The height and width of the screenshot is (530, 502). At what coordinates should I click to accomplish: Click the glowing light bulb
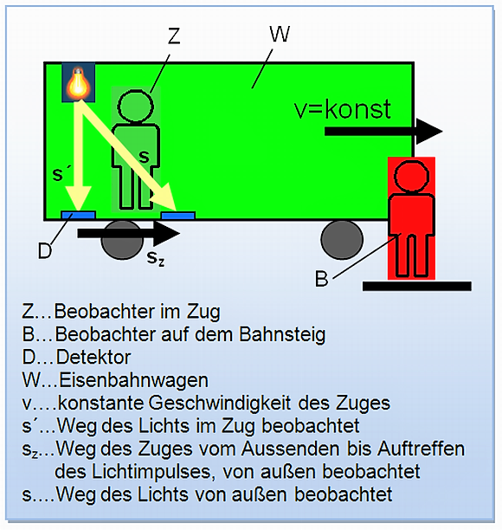coord(79,82)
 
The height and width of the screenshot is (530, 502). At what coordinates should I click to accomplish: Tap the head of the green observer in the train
coord(136,106)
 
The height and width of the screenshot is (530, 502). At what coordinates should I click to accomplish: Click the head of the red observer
coord(411,176)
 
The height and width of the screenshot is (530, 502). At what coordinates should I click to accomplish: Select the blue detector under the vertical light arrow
coord(79,215)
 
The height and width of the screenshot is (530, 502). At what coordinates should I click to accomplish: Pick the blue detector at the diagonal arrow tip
coord(178,216)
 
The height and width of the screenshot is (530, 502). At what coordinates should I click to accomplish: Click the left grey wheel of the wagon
coord(122,241)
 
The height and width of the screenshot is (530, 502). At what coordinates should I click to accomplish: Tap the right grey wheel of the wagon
coord(342,241)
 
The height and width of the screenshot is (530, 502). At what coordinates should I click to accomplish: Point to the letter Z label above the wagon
coord(174,36)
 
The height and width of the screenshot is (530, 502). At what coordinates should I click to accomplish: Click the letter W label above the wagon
coord(280,34)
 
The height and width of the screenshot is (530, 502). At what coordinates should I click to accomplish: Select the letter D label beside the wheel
coord(45,251)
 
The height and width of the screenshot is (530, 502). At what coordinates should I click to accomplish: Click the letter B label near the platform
coord(321,279)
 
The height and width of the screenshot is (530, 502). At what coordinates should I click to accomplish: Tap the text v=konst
coord(343,109)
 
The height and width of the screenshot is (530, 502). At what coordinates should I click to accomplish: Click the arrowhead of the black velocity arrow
coord(429,131)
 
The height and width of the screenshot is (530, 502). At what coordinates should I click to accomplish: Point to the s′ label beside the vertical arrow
coord(61,174)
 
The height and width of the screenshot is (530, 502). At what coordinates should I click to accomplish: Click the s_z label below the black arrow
coord(156,258)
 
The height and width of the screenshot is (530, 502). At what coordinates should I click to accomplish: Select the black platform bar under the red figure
coord(417,286)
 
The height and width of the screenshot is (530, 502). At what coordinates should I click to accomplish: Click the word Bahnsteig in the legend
coord(282,334)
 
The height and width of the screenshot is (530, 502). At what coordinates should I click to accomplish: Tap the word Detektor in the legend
coord(93,357)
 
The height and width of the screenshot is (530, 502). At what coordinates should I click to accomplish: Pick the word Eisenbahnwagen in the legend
coord(134,380)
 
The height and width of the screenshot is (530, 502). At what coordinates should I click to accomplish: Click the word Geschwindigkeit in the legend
coord(220,403)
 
